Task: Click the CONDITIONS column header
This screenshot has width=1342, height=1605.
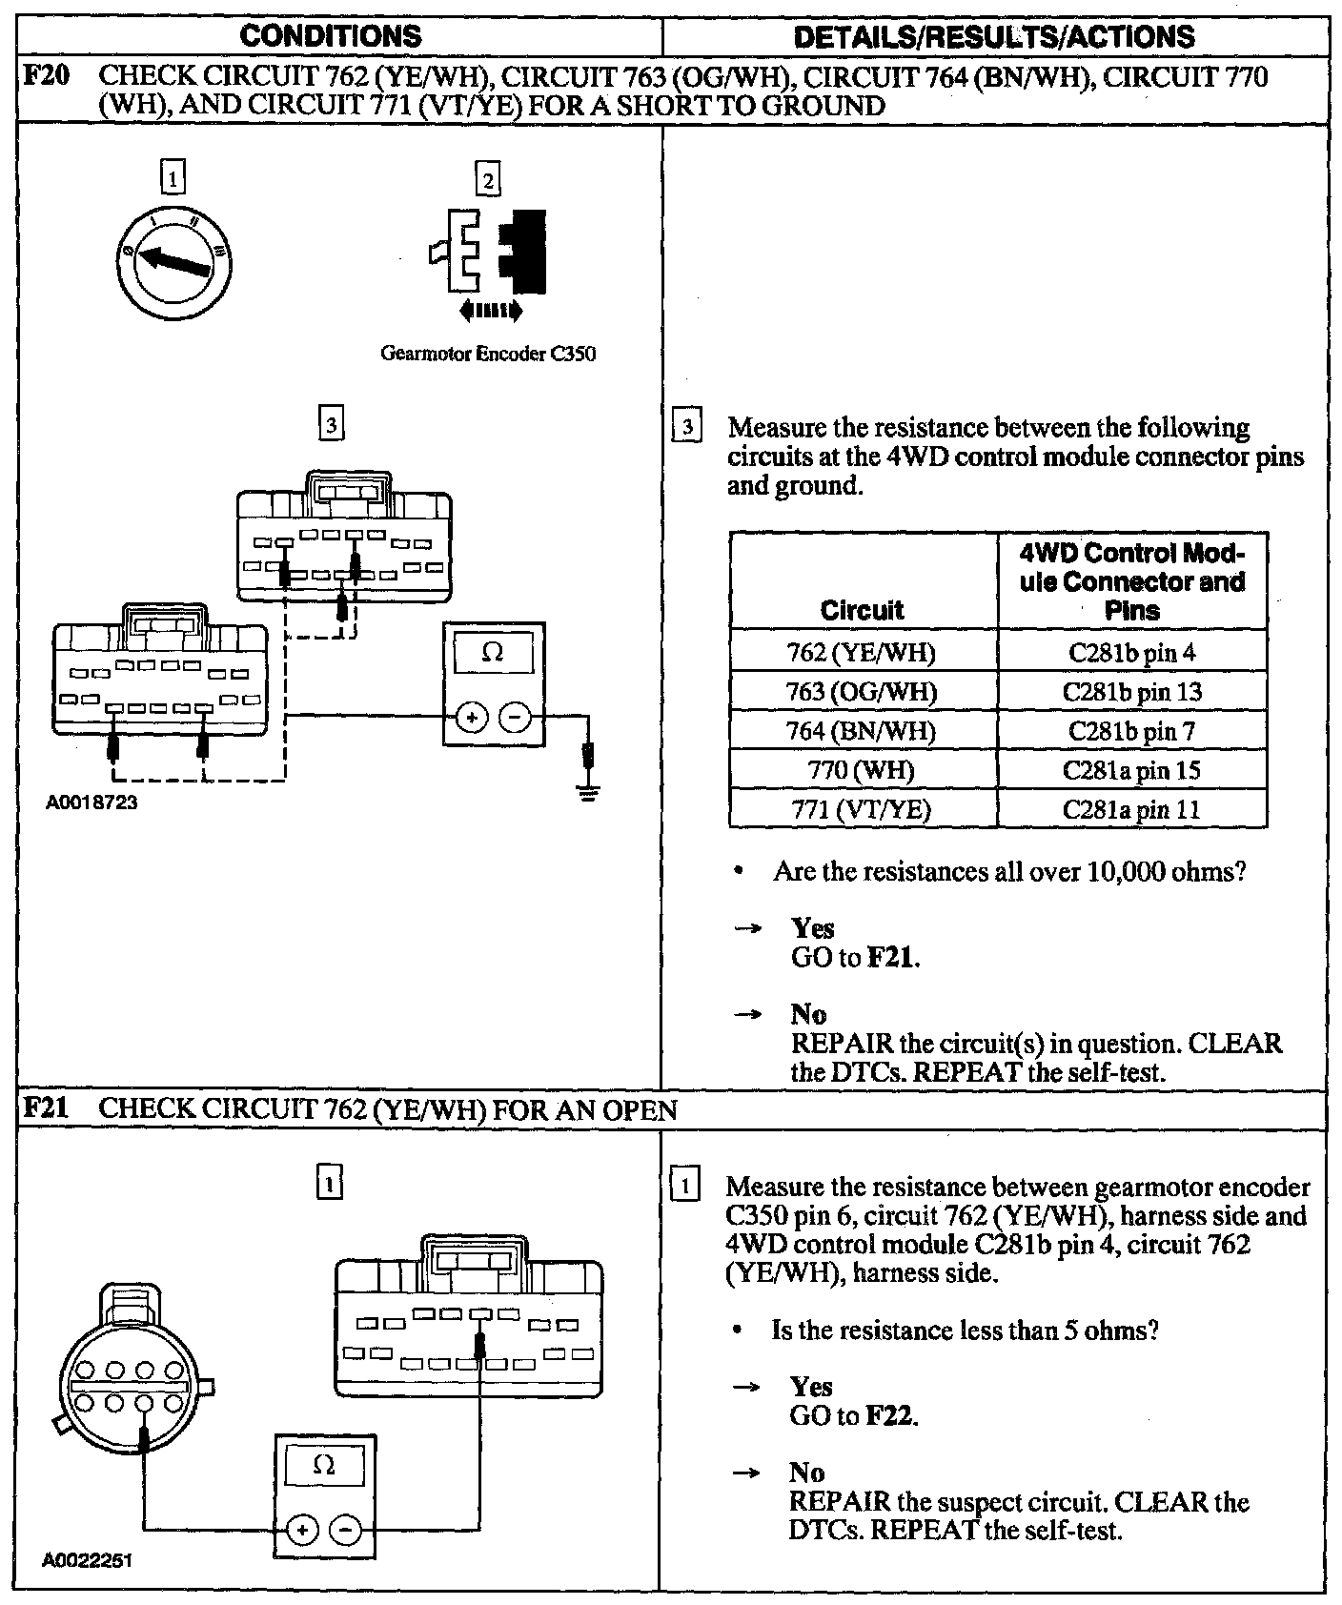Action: (x=330, y=36)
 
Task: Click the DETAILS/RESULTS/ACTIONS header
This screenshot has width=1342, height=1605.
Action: (x=994, y=36)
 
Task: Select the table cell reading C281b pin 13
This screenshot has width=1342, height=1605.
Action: (x=1131, y=692)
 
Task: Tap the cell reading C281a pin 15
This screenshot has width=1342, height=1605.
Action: (x=1131, y=770)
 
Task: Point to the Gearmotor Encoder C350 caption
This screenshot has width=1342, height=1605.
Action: (x=488, y=354)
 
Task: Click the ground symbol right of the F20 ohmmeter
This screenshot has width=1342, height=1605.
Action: (x=588, y=790)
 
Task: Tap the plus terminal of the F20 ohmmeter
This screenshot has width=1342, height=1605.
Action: (x=472, y=717)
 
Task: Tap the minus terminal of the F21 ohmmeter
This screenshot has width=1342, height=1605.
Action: (x=345, y=1531)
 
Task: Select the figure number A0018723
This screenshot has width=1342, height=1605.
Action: (x=92, y=802)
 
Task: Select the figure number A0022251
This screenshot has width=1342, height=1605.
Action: (x=88, y=1561)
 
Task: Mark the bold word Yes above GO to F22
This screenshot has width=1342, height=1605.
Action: (x=810, y=1387)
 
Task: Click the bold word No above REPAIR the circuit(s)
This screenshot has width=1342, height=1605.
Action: (x=808, y=1014)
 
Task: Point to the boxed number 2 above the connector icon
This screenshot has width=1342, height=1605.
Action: (x=488, y=179)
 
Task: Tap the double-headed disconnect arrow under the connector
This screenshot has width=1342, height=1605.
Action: (x=490, y=310)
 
